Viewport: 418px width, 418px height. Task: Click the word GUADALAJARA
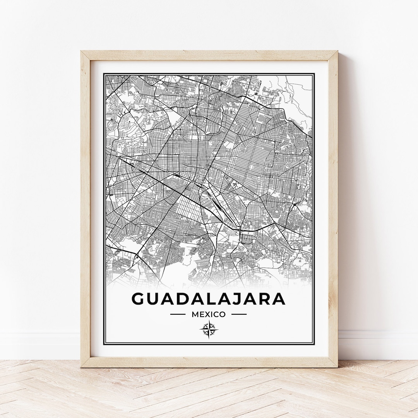tap(209, 299)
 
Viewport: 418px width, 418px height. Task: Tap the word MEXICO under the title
tap(208, 314)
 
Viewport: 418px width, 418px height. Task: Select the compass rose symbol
tap(209, 330)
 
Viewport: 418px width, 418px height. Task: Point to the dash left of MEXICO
tap(178, 314)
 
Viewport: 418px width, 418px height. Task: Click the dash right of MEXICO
tap(239, 314)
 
